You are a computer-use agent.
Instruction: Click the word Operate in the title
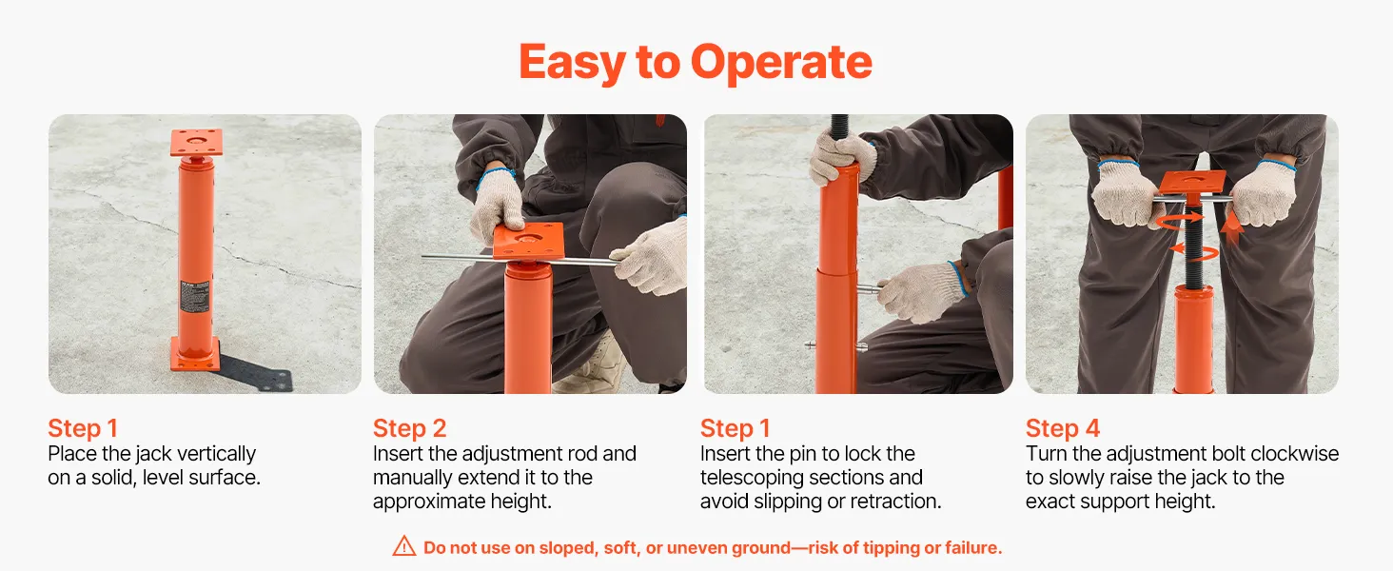781,63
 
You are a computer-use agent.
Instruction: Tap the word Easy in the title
572,63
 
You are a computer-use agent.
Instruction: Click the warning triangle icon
404,546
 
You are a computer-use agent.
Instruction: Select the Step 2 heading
409,428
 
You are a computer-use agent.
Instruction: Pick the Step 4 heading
1063,428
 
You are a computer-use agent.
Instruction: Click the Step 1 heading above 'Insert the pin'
736,428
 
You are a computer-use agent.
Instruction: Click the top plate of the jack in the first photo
197,143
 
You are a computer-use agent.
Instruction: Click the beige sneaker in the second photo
591,367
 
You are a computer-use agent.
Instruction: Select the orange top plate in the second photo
529,241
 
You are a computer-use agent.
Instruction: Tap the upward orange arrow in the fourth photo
1231,228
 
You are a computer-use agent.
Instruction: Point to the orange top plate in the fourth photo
1192,183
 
